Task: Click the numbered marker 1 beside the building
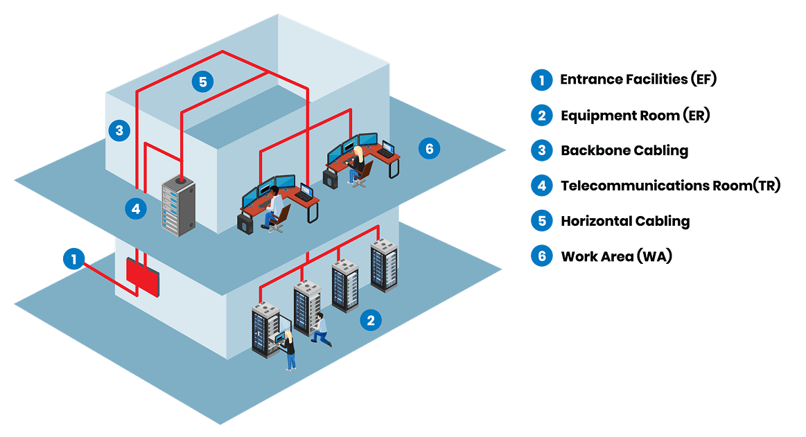pyautogui.click(x=73, y=259)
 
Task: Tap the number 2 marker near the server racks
pyautogui.click(x=371, y=320)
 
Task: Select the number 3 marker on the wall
pyautogui.click(x=119, y=130)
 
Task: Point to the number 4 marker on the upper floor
pyautogui.click(x=136, y=207)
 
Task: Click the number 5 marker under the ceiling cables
pyautogui.click(x=202, y=82)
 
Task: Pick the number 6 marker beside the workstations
pyautogui.click(x=429, y=148)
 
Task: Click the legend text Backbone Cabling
pyautogui.click(x=624, y=150)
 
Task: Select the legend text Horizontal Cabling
pyautogui.click(x=624, y=222)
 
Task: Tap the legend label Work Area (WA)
pyautogui.click(x=616, y=256)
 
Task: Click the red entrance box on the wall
pyautogui.click(x=143, y=278)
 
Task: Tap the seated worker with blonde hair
pyautogui.click(x=358, y=164)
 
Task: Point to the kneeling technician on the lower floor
pyautogui.click(x=321, y=330)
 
